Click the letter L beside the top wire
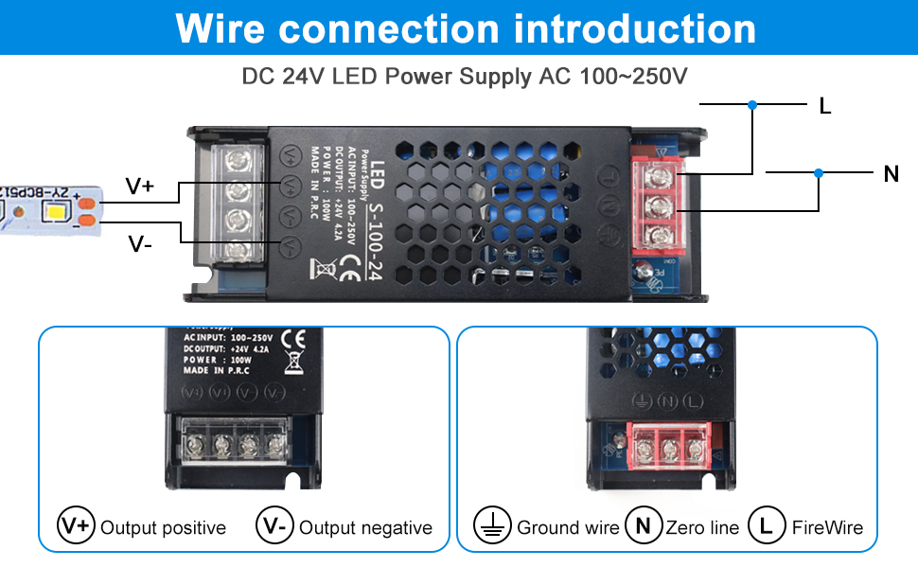click(824, 106)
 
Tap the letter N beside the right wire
click(891, 173)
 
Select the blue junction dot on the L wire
click(752, 104)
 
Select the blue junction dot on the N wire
click(819, 172)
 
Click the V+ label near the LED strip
click(140, 186)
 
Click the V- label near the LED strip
click(140, 244)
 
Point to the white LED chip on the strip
click(50, 210)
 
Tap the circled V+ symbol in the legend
click(76, 525)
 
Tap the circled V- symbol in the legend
click(274, 525)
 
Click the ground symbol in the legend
click(491, 525)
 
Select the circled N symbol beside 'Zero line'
click(643, 525)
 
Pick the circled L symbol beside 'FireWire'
click(767, 525)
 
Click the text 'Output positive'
click(163, 527)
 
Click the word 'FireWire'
click(827, 527)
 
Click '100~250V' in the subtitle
click(633, 77)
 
